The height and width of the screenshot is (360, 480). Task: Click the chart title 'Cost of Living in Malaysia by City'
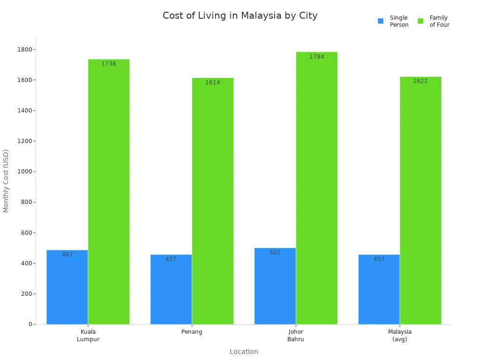(240, 16)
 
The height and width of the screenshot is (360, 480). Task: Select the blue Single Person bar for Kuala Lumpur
(67, 287)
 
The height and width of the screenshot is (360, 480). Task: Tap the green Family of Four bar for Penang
(212, 202)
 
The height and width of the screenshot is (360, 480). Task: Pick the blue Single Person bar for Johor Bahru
(275, 286)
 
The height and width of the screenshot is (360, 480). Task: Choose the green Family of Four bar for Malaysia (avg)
(420, 202)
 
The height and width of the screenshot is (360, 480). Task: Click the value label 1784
(316, 57)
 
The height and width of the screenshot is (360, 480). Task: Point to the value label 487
(67, 255)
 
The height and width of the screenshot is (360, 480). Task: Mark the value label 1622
(420, 81)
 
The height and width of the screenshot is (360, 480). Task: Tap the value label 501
(275, 253)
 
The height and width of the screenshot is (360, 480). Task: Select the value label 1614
(212, 82)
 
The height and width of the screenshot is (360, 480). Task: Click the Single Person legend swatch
(381, 21)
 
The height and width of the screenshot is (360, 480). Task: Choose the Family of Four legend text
(439, 21)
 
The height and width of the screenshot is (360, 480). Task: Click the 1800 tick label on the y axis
(25, 50)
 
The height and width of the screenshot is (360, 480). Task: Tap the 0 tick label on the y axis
(30, 324)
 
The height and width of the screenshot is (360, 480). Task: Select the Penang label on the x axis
(192, 332)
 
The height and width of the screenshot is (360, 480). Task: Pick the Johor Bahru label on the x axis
(296, 336)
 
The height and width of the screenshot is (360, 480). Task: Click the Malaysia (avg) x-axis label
(400, 336)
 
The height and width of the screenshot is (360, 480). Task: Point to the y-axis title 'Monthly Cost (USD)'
(6, 180)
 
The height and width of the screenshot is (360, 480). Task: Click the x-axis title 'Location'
(244, 352)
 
